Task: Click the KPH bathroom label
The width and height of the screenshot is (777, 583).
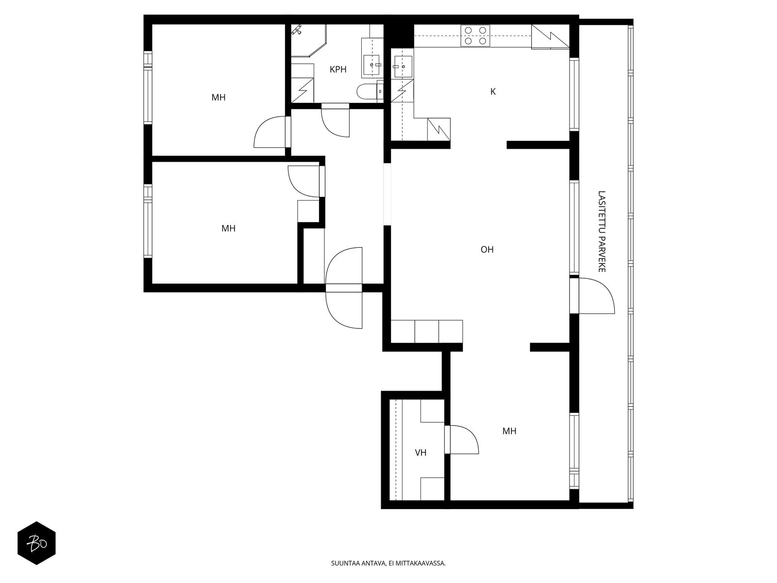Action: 338,69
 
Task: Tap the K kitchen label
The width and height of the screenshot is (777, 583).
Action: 493,92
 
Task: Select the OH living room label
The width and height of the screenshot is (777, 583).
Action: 487,250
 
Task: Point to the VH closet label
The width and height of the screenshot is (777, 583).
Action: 421,452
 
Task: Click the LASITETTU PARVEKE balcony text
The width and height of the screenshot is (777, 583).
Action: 602,232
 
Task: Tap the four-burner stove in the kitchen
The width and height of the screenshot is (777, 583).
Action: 475,35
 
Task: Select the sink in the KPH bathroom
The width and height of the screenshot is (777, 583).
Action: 372,65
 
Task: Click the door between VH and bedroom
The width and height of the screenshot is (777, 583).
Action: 462,439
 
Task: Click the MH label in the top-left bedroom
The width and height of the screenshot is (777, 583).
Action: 219,97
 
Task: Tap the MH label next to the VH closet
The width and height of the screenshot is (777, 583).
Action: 509,431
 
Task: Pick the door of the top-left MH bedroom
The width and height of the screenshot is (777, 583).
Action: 270,132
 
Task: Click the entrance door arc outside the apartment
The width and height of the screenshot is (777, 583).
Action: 344,310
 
